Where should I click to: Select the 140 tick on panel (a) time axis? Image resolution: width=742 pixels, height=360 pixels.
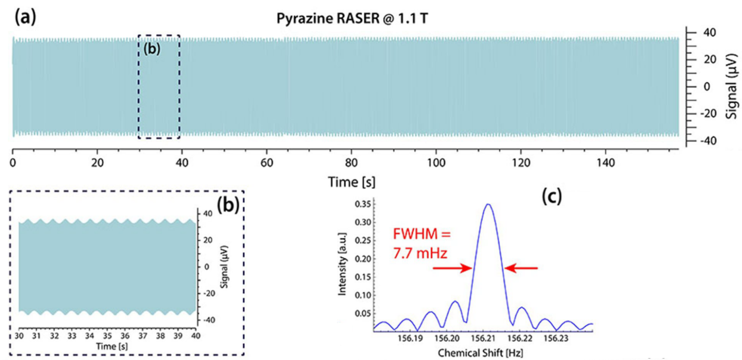[606, 163]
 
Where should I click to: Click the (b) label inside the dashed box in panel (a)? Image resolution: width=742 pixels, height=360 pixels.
[152, 49]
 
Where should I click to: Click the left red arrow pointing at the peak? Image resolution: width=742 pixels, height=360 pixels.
[452, 268]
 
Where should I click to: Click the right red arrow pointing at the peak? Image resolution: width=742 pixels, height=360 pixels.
[521, 268]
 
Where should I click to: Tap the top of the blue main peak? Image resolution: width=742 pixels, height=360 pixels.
[488, 204]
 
